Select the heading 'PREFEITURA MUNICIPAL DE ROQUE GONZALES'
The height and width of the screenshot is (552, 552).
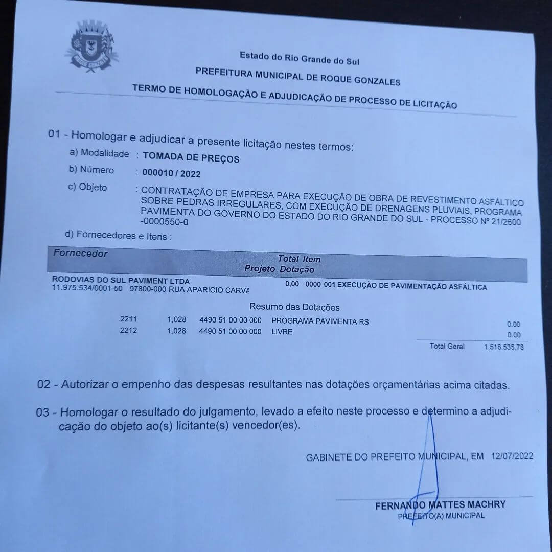point(298,77)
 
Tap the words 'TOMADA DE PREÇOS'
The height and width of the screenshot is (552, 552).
point(191,158)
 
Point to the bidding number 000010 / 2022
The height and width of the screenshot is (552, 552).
point(171,174)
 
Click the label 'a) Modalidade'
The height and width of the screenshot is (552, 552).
point(99,153)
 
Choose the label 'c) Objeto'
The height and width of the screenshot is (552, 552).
point(87,187)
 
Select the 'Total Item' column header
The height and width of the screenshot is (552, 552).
point(299,259)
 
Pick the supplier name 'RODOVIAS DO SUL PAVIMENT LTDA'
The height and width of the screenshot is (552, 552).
point(121,281)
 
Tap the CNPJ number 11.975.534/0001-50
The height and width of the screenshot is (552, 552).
point(87,289)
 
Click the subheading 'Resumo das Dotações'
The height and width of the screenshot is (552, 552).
point(294,307)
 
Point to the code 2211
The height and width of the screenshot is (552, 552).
point(128,319)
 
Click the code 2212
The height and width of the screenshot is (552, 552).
point(128,331)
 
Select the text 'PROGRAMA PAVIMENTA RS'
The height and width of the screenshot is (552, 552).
point(320,322)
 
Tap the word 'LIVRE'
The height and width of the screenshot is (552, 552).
point(282,332)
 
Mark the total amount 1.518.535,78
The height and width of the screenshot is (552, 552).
point(504,348)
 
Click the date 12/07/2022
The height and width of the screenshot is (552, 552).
point(512,456)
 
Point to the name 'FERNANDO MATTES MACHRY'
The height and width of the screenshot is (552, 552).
point(441,505)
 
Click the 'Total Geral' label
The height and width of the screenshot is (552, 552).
point(447,347)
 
